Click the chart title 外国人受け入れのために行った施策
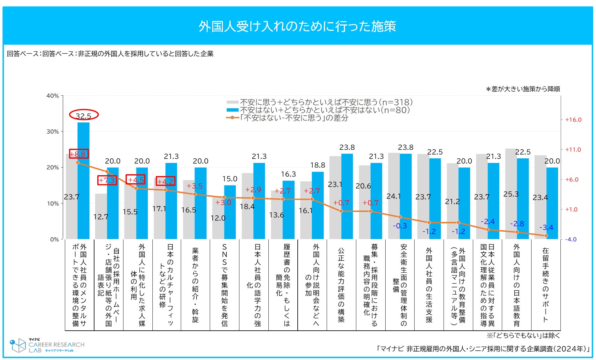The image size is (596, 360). click(x=297, y=26)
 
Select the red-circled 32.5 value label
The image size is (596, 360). click(x=84, y=115)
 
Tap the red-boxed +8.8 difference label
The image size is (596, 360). click(x=79, y=154)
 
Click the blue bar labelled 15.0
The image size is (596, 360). click(x=230, y=212)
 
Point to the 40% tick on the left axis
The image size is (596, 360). click(x=52, y=96)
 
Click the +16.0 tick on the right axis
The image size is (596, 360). click(x=573, y=120)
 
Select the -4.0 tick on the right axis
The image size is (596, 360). click(x=571, y=239)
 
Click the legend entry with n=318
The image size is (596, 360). click(x=326, y=102)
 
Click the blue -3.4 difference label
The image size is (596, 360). click(x=546, y=227)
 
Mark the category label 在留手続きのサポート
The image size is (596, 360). click(x=546, y=285)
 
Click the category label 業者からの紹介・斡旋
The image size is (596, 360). click(x=195, y=285)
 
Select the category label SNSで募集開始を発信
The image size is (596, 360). click(x=224, y=285)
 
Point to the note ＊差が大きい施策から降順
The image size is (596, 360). click(x=523, y=89)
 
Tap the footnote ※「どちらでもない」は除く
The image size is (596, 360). click(x=523, y=335)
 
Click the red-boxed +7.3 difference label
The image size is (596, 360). click(x=107, y=180)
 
